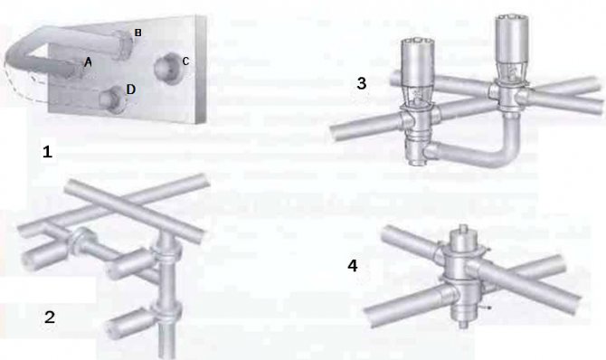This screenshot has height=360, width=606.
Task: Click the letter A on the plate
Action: click(88, 62)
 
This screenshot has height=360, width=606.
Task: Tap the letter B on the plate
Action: click(137, 33)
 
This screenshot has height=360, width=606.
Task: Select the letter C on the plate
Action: click(185, 62)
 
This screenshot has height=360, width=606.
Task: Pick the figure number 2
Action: click(51, 317)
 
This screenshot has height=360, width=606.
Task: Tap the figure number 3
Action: click(361, 84)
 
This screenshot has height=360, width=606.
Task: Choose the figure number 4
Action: click(353, 266)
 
